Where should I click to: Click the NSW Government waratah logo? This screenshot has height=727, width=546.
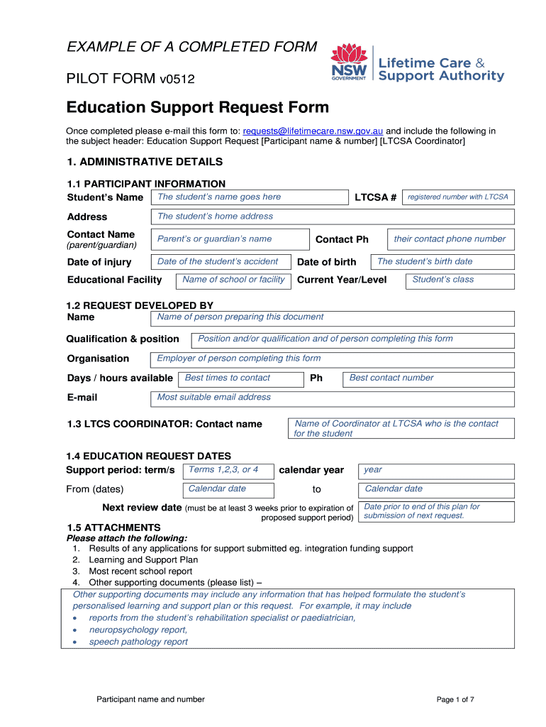coord(348,62)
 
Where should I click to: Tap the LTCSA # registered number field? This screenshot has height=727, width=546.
coord(457,197)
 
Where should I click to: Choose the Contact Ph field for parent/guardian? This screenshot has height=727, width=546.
coord(450,239)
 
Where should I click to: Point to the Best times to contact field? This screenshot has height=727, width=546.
coord(240,378)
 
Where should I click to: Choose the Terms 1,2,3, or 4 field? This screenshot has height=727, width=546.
coord(228,470)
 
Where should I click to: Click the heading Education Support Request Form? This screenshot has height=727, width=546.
coord(198,108)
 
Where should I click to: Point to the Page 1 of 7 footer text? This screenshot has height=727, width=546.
coord(455,699)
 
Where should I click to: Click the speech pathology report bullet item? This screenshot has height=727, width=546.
coord(138,642)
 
